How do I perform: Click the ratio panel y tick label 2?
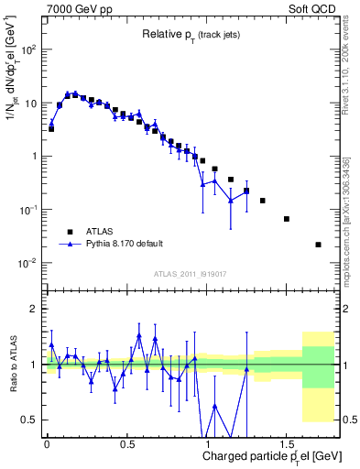[34, 309]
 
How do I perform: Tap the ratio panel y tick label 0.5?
[30, 420]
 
